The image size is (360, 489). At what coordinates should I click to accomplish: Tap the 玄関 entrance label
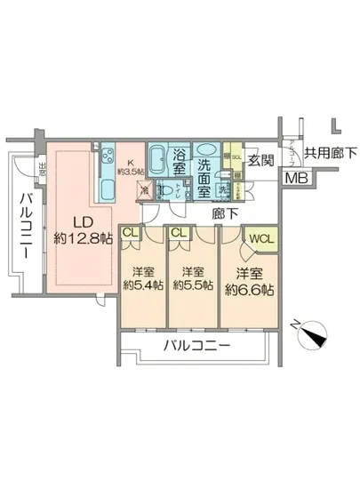(261, 160)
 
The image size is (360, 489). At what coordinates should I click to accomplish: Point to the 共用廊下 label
(329, 153)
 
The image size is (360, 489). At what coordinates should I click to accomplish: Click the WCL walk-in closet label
(261, 237)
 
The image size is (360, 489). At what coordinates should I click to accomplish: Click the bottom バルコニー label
(196, 344)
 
